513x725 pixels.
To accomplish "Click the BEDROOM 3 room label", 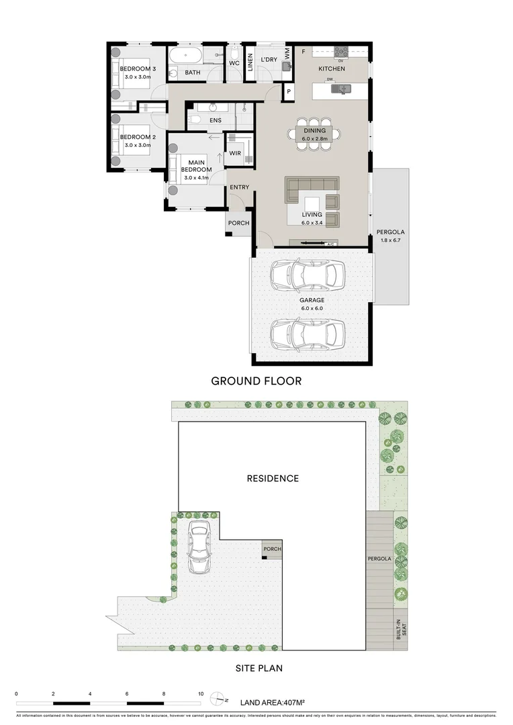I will (x=138, y=69).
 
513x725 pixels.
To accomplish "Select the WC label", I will (x=234, y=63).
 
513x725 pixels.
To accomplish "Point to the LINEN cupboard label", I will (x=250, y=62).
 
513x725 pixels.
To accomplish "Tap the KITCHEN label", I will (x=332, y=69).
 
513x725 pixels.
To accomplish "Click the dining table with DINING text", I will (x=314, y=134).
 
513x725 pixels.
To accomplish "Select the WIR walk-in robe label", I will (x=235, y=154).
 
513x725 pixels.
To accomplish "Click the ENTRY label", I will (x=239, y=187).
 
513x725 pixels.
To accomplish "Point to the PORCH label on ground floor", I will (x=238, y=223).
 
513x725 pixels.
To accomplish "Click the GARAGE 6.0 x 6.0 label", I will (x=312, y=304).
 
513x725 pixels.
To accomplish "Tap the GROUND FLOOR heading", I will (x=256, y=381).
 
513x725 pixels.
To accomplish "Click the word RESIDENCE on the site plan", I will (x=272, y=479).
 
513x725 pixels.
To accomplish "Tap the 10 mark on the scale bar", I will (x=200, y=693).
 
